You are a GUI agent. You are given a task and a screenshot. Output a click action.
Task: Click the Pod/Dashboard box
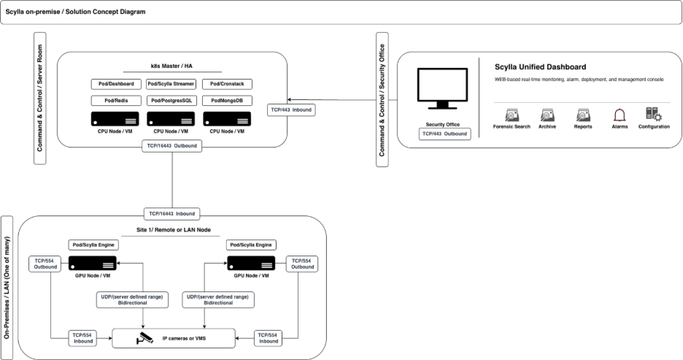115,85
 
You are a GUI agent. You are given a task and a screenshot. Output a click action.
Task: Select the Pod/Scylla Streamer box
171,85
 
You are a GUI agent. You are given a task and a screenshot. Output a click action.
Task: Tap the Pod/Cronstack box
225,85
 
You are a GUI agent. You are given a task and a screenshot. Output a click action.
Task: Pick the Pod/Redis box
115,101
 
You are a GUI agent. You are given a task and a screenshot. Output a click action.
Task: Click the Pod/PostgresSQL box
171,101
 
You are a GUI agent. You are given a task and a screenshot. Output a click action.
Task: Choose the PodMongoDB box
225,101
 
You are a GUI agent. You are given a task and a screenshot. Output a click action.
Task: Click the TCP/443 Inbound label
290,110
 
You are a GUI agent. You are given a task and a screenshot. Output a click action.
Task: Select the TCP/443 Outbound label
445,134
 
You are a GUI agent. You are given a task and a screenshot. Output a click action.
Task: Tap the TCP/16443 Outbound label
171,146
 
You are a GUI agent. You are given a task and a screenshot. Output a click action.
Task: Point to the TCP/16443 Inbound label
172,214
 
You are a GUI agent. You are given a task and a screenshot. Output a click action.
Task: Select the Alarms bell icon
620,115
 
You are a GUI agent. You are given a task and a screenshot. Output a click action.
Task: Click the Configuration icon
653,114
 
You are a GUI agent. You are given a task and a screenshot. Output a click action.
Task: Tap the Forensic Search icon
512,115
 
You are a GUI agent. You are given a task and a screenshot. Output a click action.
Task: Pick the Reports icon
583,115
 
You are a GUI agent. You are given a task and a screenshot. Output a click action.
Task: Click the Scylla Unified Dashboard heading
540,67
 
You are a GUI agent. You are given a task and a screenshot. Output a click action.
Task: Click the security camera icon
146,338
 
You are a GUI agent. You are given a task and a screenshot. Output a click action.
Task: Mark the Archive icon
547,115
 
